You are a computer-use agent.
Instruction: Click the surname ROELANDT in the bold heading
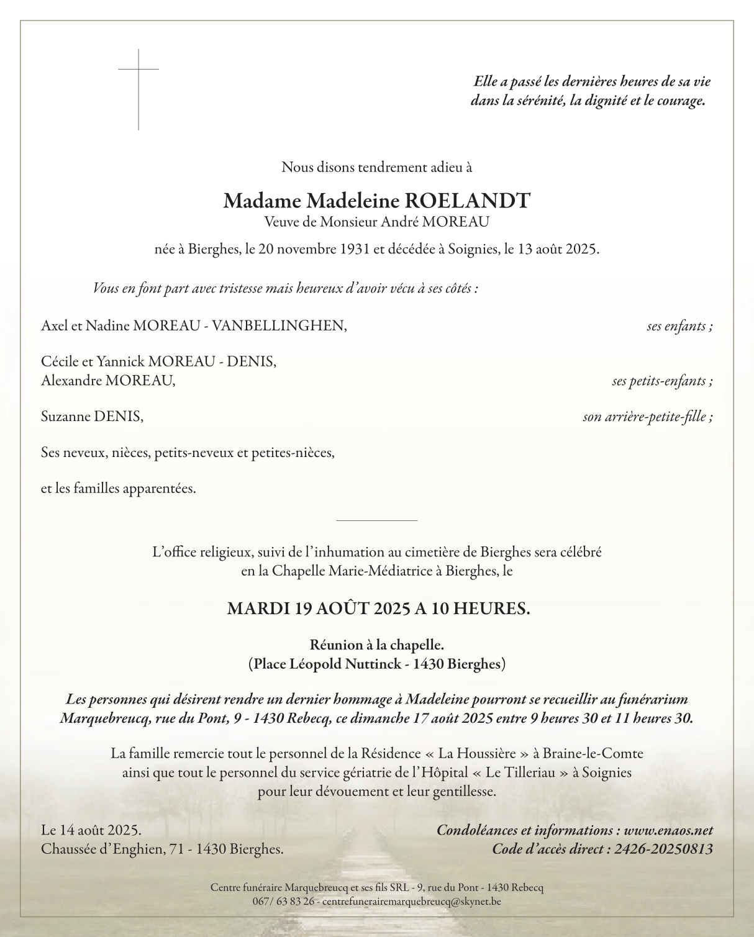(468, 201)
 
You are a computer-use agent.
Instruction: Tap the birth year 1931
(356, 250)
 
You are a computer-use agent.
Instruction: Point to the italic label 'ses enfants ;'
(679, 326)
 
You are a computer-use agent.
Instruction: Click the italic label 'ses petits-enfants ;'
(662, 381)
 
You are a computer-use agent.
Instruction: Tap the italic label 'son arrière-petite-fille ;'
(647, 417)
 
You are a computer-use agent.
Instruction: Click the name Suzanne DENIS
(92, 417)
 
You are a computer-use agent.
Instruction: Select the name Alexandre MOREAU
(108, 381)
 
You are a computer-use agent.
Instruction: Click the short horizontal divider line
(376, 520)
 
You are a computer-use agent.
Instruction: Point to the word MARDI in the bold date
(258, 609)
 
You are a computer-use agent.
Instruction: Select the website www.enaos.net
(668, 830)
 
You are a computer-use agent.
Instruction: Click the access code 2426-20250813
(663, 849)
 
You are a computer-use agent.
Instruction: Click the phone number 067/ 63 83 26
(283, 901)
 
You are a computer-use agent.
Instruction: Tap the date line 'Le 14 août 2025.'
(91, 830)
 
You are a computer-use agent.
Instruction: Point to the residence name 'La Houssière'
(477, 754)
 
